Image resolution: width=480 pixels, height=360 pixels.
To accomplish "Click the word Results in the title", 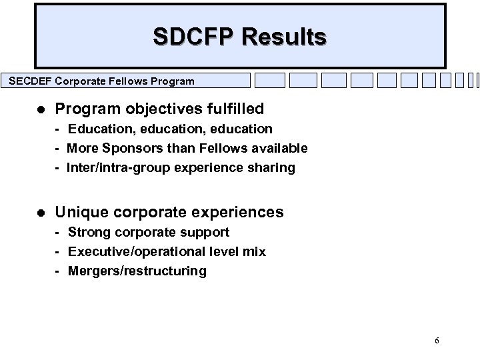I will point(284,36).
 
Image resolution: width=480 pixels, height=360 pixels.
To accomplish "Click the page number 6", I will point(437,341).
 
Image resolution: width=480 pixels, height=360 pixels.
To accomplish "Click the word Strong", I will point(89,232).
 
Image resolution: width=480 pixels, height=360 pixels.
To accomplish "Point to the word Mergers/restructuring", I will point(137,271).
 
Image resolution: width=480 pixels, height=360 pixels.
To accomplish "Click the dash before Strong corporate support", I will point(59,232).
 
